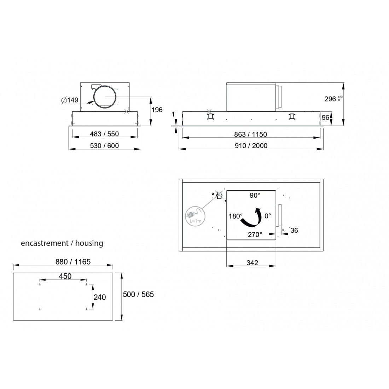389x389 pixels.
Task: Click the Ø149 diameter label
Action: (x=70, y=100)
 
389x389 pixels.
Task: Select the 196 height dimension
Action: (x=157, y=110)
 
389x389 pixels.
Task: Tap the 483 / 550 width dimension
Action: (x=104, y=134)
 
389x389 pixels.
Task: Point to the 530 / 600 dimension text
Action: (x=104, y=146)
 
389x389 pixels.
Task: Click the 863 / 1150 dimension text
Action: (x=251, y=134)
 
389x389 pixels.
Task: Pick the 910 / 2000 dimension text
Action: (x=251, y=146)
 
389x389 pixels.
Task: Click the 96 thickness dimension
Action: (x=325, y=117)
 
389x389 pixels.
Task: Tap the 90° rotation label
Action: (x=255, y=196)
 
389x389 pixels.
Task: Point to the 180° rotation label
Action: (x=236, y=216)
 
